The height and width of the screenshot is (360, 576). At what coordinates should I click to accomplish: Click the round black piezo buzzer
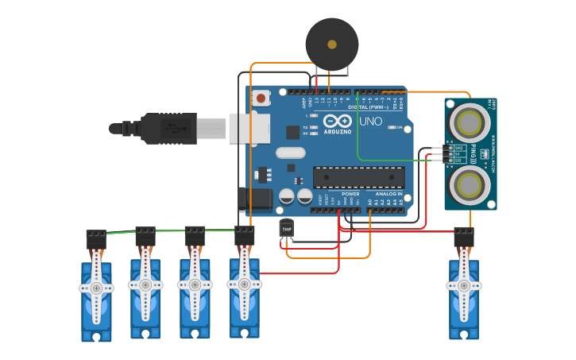click(x=331, y=45)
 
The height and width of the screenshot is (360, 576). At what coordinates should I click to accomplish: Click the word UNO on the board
click(x=370, y=122)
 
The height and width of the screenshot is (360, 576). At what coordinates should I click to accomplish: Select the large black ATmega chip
click(x=358, y=177)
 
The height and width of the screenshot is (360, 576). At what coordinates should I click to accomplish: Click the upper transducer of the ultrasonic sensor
click(x=470, y=122)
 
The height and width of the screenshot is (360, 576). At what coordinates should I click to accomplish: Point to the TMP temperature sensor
click(x=287, y=229)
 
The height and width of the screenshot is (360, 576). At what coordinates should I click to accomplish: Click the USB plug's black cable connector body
click(x=168, y=128)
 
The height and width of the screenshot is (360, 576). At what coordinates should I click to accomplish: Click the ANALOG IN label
click(x=389, y=194)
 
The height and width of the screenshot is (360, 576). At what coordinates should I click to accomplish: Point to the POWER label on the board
click(x=350, y=194)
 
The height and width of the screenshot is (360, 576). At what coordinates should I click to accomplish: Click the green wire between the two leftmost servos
click(x=121, y=232)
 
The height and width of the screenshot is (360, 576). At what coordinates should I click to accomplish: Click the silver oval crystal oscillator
click(x=290, y=153)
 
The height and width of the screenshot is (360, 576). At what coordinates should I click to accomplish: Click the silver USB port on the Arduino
click(x=243, y=128)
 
